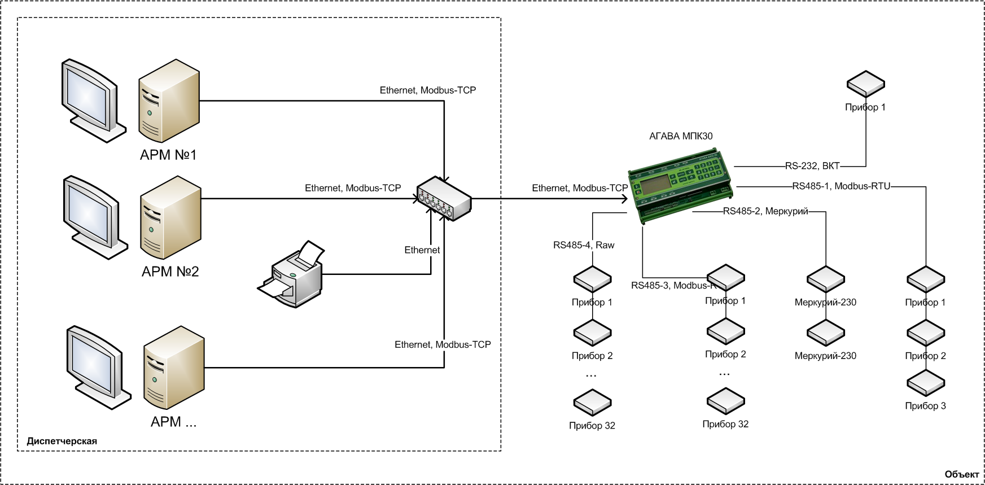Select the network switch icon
pyautogui.click(x=444, y=199)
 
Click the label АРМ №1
pyautogui.click(x=168, y=155)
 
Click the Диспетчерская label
pyautogui.click(x=62, y=441)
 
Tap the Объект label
pyautogui.click(x=961, y=474)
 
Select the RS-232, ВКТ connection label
pyautogui.click(x=812, y=166)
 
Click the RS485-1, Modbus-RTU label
pyautogui.click(x=841, y=186)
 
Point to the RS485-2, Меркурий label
pyautogui.click(x=765, y=211)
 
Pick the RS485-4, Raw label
pyautogui.click(x=584, y=245)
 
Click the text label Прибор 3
pyautogui.click(x=925, y=406)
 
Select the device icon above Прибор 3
pyautogui.click(x=926, y=383)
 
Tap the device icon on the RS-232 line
pyautogui.click(x=865, y=84)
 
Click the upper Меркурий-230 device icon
pyautogui.click(x=825, y=279)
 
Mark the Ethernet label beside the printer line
pyautogui.click(x=422, y=250)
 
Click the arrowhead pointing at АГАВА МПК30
pyautogui.click(x=624, y=199)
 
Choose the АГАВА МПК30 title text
pyautogui.click(x=681, y=136)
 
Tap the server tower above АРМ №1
pyautogui.click(x=169, y=101)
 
